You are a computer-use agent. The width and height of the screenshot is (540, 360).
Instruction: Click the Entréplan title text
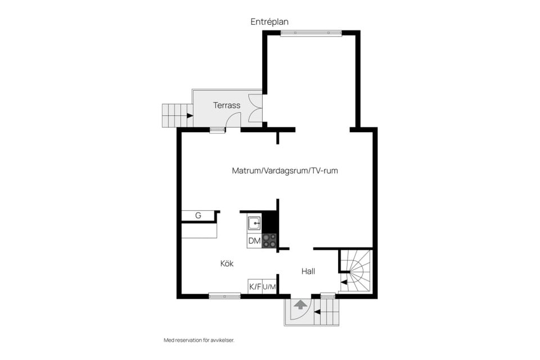(269, 22)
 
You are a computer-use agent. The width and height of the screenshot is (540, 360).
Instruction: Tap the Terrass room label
(227, 105)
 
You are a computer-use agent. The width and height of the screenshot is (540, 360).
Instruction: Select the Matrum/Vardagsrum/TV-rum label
(285, 170)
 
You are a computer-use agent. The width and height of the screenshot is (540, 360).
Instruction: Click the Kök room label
(227, 264)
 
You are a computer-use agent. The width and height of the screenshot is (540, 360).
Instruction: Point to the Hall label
(308, 272)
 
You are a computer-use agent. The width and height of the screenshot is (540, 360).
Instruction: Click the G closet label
(198, 215)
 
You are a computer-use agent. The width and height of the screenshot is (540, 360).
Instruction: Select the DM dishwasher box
(254, 241)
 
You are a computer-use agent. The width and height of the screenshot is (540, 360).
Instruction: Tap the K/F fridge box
(255, 287)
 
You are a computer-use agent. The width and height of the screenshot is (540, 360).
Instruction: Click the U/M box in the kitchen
(269, 287)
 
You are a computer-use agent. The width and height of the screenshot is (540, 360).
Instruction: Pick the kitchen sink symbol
(254, 223)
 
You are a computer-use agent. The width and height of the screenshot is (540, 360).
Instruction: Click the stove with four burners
(269, 241)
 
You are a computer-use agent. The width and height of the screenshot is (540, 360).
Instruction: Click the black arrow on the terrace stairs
(190, 116)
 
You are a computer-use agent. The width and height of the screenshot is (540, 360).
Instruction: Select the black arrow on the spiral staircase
(344, 282)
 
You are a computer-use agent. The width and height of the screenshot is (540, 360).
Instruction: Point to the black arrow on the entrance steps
(317, 312)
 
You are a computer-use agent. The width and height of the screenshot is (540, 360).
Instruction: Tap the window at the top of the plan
(311, 33)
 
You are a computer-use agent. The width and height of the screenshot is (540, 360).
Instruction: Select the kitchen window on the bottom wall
(224, 296)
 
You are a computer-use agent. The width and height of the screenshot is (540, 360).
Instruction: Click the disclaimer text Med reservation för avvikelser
(199, 340)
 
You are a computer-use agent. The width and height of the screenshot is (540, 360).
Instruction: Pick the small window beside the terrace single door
(217, 130)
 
